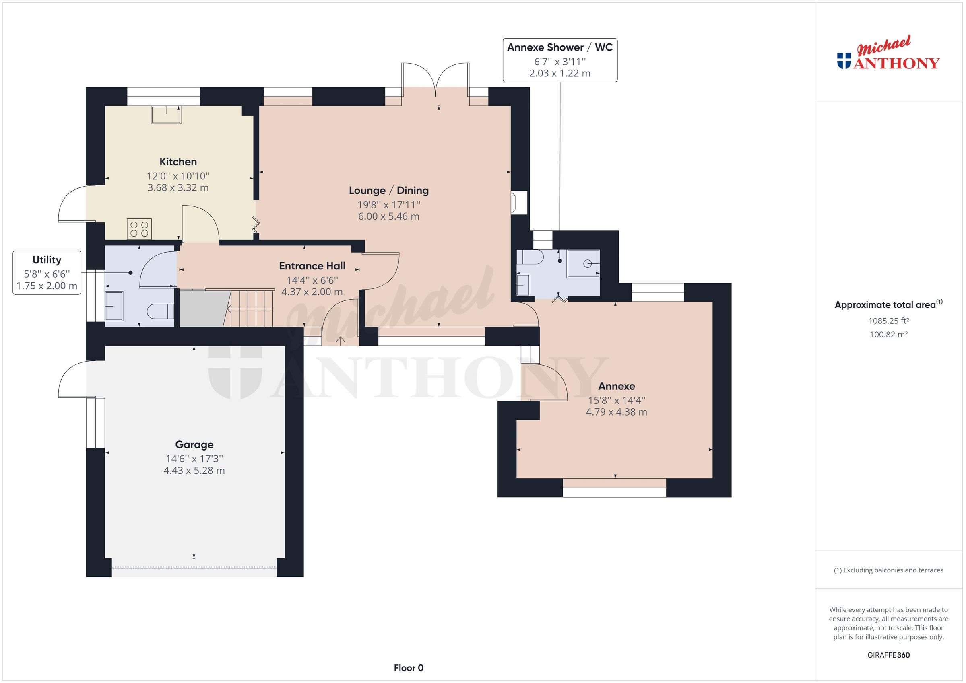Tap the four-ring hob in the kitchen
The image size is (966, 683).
tap(139, 229)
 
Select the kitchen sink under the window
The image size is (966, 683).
tap(166, 115)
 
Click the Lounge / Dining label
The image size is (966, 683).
tap(389, 191)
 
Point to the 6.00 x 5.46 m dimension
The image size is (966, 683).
tap(389, 216)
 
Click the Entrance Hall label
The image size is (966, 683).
tap(312, 266)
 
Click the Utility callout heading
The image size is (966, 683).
tap(47, 260)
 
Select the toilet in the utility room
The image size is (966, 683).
tap(160, 312)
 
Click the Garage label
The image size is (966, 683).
tap(194, 445)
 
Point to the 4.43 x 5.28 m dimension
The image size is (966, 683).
tap(194, 471)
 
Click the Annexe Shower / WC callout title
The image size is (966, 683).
tap(559, 47)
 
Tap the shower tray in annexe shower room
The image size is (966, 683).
tap(583, 264)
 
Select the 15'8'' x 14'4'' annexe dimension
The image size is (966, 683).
tap(616, 400)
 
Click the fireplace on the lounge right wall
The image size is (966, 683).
tap(519, 202)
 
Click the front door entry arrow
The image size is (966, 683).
tap(341, 340)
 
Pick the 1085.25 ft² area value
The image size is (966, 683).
tap(889, 321)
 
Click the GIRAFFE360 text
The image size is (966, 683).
tap(889, 655)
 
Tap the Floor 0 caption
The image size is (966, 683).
tap(409, 668)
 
